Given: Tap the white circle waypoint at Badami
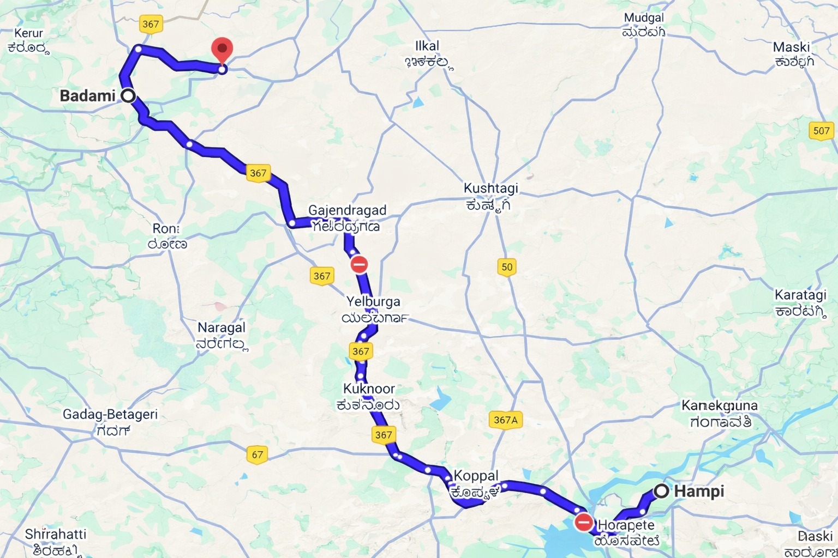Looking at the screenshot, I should [128, 96].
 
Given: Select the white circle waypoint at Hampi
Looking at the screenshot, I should [661, 491].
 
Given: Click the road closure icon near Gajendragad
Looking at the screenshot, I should [358, 265].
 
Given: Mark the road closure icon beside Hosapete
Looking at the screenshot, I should [584, 523].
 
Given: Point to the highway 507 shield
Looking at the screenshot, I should [821, 131].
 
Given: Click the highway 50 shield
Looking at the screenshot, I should [507, 267].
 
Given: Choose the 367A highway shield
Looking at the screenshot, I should [505, 420].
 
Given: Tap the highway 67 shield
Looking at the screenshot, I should [257, 454].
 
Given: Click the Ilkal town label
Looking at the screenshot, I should [427, 46].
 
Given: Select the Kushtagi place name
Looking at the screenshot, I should [490, 189].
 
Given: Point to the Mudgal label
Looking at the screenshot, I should [644, 19].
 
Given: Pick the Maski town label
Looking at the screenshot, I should [791, 47].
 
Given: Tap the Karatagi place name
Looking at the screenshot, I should [800, 295].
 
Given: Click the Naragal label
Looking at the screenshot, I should [222, 328].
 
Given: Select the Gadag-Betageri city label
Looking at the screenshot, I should [110, 415].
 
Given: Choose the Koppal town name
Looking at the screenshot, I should [476, 476].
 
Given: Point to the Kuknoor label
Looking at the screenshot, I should [369, 389].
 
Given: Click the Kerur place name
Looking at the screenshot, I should [28, 34].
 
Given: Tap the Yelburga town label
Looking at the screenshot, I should [373, 302].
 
